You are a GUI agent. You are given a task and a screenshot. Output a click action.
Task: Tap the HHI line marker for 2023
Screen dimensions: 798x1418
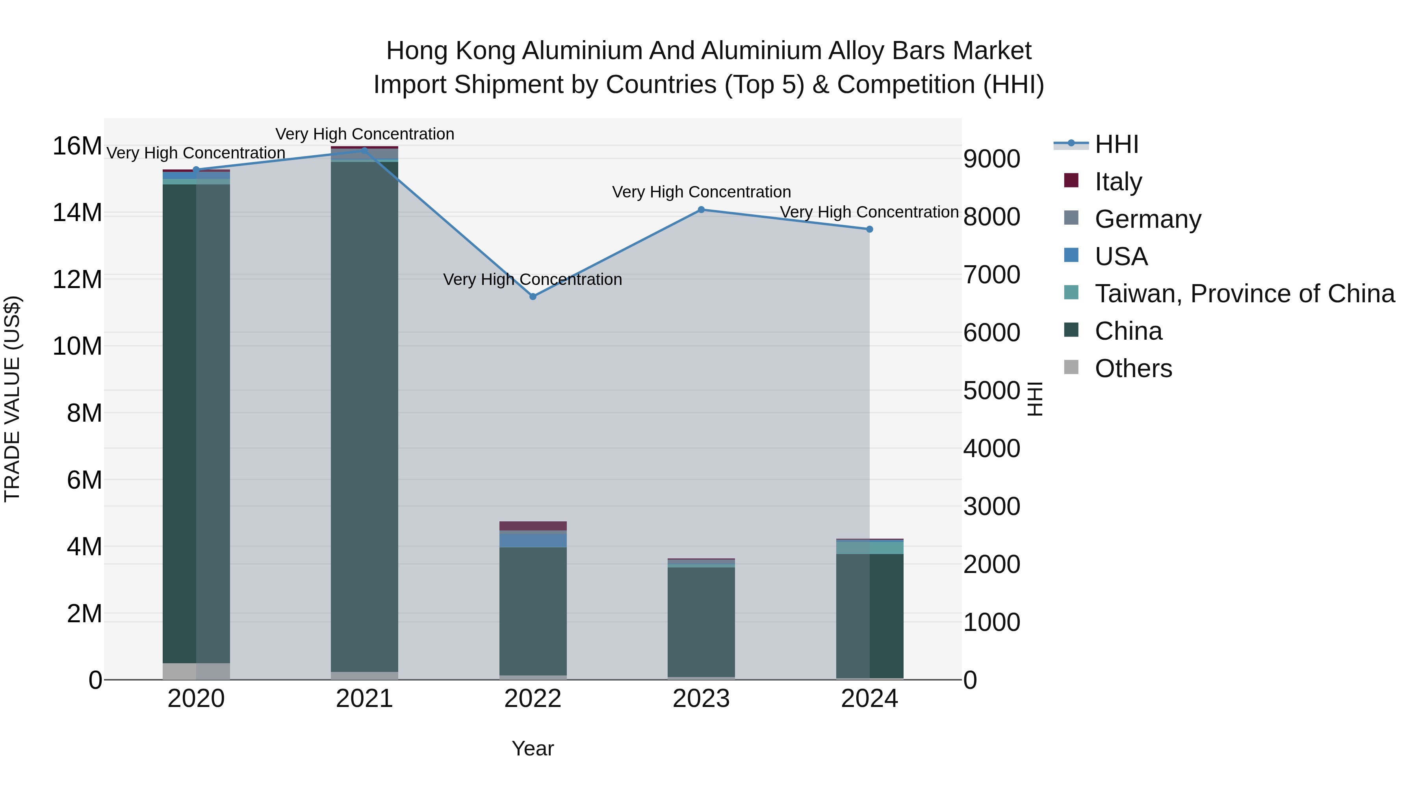701,210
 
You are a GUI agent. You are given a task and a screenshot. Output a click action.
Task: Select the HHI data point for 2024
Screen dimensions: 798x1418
869,229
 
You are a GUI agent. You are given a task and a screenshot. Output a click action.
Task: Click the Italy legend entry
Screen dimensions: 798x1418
1118,181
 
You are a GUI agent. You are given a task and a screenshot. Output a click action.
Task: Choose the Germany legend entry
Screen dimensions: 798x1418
1148,219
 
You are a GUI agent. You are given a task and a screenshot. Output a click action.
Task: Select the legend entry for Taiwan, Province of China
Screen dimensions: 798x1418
1244,294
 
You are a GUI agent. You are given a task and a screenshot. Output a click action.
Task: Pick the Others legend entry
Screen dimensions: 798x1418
1133,368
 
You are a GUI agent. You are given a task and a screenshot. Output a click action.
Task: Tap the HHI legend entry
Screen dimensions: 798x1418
1116,144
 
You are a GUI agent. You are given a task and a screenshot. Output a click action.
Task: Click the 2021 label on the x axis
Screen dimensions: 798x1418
364,699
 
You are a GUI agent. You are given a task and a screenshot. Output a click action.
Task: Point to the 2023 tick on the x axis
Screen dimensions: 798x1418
701,699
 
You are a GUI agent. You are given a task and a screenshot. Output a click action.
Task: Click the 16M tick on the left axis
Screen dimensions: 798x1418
77,147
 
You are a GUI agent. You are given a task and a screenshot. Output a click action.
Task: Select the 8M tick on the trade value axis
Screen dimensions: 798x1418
84,413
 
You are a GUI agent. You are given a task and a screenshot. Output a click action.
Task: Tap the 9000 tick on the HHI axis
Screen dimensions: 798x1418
991,159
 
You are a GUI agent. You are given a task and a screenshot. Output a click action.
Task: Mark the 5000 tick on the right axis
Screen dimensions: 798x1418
991,391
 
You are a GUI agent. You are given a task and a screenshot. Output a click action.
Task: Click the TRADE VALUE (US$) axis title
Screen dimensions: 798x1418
12,399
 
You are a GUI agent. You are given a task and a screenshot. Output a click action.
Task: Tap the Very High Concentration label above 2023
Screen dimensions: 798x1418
701,192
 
